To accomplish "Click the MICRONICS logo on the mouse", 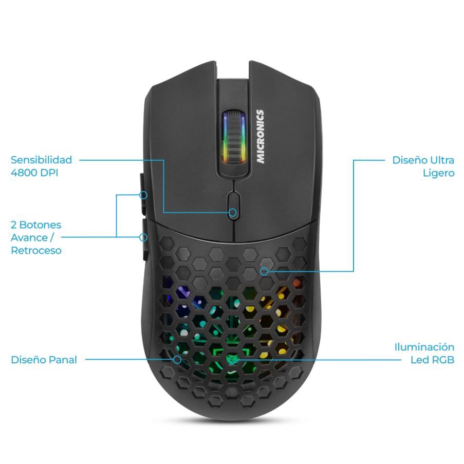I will [261, 137].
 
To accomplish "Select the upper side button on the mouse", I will [141, 196].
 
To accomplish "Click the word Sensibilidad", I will [41, 160].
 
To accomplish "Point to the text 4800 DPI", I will [34, 173].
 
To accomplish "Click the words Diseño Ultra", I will [423, 160].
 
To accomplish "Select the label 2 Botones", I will [36, 225].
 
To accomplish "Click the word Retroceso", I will [36, 251].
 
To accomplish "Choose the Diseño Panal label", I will [44, 360].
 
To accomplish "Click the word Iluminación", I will [424, 347].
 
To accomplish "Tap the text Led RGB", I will [432, 360].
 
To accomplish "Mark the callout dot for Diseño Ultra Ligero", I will [264, 271].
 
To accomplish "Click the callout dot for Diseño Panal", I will [177, 360].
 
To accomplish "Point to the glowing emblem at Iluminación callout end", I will [232, 359].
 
